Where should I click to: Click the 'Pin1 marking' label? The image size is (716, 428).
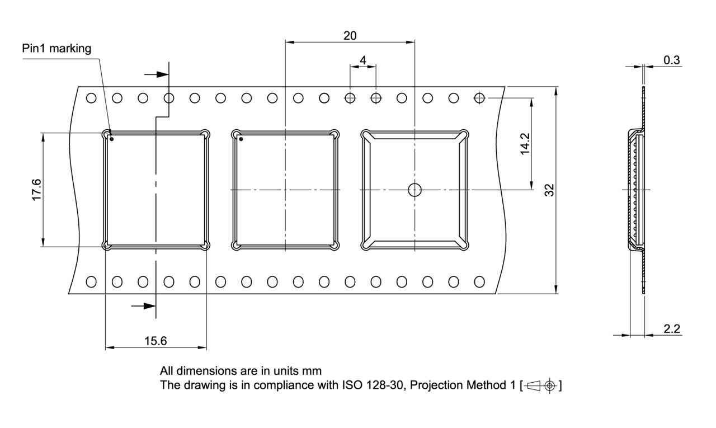(x=56, y=48)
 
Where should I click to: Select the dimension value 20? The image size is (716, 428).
(x=350, y=36)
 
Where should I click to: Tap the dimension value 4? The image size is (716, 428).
(x=363, y=60)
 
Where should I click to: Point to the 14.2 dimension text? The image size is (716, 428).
(x=525, y=144)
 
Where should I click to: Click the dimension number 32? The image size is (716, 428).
(x=549, y=190)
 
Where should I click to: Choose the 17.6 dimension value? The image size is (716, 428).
(x=36, y=190)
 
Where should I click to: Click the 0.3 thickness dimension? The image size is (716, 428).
(x=672, y=60)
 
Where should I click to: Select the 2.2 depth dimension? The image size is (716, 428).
(x=672, y=328)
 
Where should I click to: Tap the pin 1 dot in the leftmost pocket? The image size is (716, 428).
(x=112, y=138)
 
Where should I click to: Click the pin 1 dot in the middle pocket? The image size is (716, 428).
(x=241, y=138)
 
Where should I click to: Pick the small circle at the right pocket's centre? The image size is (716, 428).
(x=414, y=190)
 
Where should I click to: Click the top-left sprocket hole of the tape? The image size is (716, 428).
(x=91, y=98)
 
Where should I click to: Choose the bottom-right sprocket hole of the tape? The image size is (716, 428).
(x=479, y=281)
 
